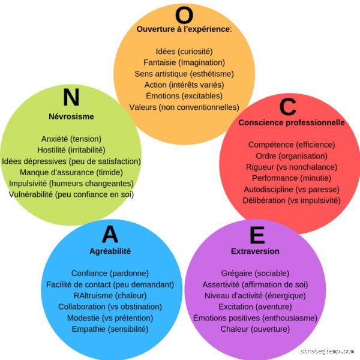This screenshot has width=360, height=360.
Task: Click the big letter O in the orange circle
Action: click(x=184, y=15)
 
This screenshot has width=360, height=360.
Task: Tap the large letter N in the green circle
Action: click(x=71, y=97)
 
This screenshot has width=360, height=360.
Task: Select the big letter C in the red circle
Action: click(x=287, y=107)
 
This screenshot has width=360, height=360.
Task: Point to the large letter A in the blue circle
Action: click(x=110, y=234)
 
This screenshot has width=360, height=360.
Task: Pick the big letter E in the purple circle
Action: click(x=257, y=235)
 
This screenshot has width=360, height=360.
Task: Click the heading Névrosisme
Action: click(x=71, y=116)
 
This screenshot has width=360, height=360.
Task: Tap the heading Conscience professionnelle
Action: click(x=292, y=122)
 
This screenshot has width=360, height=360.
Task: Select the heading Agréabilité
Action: click(x=110, y=251)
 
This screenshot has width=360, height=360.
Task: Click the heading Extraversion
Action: click(x=255, y=251)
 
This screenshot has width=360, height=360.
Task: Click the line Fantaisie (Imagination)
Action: click(x=184, y=62)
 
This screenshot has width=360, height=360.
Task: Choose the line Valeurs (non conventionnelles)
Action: click(x=184, y=107)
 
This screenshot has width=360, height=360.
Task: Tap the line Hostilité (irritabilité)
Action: click(x=71, y=150)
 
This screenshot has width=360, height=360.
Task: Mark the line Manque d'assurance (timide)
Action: click(x=71, y=172)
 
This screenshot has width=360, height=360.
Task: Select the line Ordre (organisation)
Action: click(x=292, y=156)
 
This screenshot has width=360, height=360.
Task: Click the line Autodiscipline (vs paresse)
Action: click(x=292, y=190)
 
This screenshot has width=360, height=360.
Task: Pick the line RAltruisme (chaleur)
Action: click(x=110, y=295)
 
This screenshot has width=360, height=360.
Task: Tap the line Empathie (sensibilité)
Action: click(x=110, y=329)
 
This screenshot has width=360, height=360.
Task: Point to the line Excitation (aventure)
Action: click(x=255, y=307)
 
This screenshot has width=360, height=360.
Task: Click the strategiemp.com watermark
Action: click(x=327, y=351)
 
